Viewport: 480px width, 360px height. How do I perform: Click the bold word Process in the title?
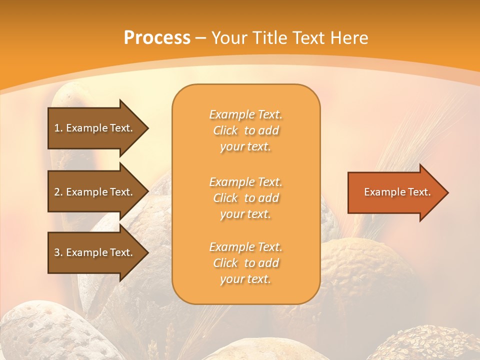157,38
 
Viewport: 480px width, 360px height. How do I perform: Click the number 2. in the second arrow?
58,192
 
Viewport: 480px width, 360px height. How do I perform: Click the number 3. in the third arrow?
58,252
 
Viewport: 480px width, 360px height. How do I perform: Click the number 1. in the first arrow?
58,128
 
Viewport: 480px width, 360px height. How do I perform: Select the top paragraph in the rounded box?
245,130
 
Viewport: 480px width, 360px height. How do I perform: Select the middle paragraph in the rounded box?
245,198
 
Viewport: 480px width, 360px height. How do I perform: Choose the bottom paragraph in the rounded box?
245,263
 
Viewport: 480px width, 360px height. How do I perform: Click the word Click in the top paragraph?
225,131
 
